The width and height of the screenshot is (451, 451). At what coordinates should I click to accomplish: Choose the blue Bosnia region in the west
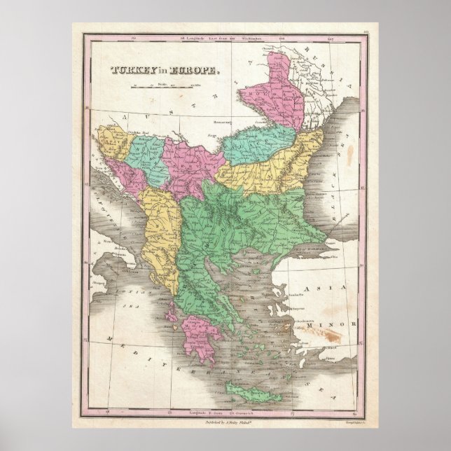[144, 157]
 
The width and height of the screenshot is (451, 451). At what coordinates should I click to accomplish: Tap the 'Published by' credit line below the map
[224, 424]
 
